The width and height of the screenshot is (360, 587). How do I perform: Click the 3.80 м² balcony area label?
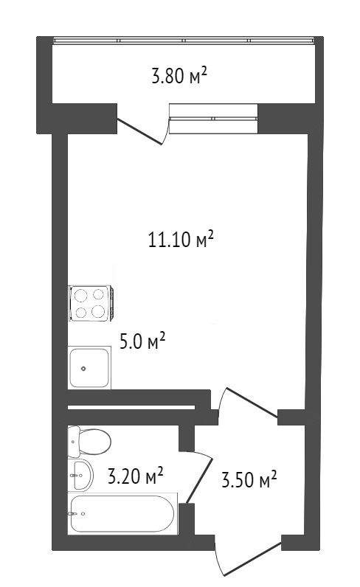(x=179, y=75)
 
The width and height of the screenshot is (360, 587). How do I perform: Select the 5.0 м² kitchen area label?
(x=142, y=341)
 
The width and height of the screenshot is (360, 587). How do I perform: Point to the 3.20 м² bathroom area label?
(x=135, y=476)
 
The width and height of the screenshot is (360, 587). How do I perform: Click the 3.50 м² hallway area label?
(x=249, y=479)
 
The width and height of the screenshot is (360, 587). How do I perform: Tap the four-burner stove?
(x=91, y=304)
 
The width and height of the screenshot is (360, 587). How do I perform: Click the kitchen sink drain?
(x=83, y=369)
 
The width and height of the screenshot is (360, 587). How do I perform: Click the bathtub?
(x=122, y=513)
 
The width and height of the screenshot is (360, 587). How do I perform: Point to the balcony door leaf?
(x=140, y=131)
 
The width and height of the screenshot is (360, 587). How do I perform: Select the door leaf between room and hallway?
(x=252, y=403)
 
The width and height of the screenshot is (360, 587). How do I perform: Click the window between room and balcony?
(x=213, y=118)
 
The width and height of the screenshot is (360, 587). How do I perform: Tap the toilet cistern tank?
(x=74, y=442)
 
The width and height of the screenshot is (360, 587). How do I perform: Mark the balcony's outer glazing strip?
(x=184, y=41)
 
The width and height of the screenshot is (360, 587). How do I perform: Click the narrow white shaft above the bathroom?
(x=131, y=407)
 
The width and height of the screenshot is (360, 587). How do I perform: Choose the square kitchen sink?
(x=89, y=368)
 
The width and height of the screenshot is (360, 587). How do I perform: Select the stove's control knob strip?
(x=111, y=304)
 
